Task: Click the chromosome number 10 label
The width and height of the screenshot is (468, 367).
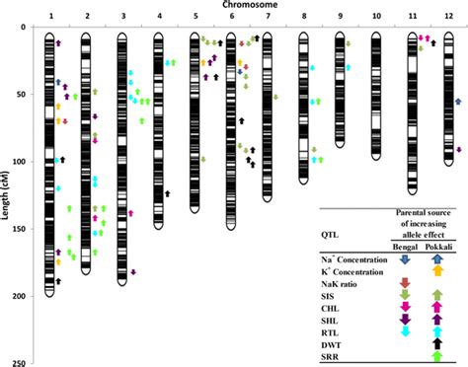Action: (x=375, y=18)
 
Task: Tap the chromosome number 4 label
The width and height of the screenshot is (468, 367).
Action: (x=159, y=18)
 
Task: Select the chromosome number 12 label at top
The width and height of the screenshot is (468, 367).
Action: (x=449, y=18)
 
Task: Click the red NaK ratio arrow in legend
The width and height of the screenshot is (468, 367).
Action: (x=403, y=284)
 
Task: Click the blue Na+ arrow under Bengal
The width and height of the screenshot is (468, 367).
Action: (x=403, y=258)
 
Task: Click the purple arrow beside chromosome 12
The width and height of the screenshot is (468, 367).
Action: (x=459, y=149)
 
